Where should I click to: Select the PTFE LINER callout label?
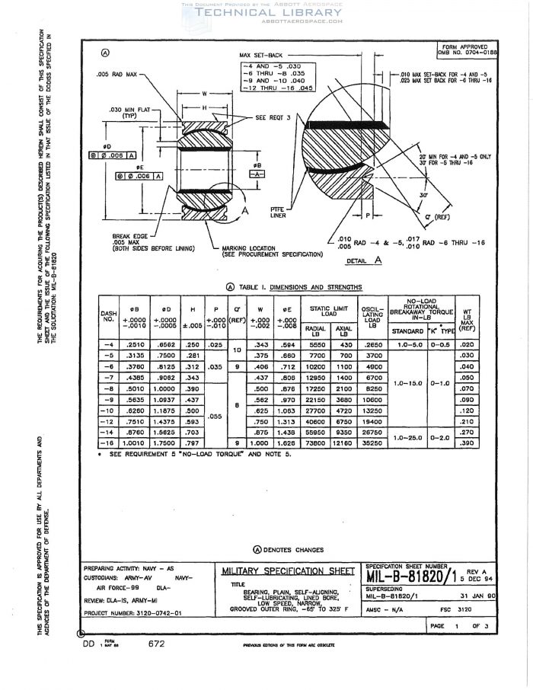tap(278, 212)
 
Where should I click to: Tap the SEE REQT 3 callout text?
tap(276, 118)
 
